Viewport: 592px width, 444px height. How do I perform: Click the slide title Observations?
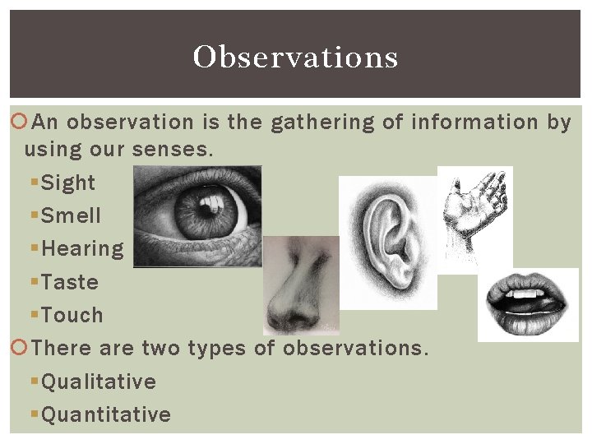(295, 57)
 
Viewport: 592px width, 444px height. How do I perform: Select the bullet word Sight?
(68, 183)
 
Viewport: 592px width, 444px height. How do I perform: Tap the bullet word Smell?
(71, 215)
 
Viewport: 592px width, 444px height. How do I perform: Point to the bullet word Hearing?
(82, 249)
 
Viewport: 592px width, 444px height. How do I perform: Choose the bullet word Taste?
(70, 282)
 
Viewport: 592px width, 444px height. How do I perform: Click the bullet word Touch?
(72, 315)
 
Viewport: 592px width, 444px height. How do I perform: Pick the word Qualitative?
(99, 382)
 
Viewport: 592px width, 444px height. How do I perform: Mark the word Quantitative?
(106, 414)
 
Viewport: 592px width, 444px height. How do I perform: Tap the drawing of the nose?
(299, 284)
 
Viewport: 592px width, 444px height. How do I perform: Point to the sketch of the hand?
(475, 206)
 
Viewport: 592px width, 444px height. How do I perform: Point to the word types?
(217, 349)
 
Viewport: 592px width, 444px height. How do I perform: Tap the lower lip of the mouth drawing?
(526, 317)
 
